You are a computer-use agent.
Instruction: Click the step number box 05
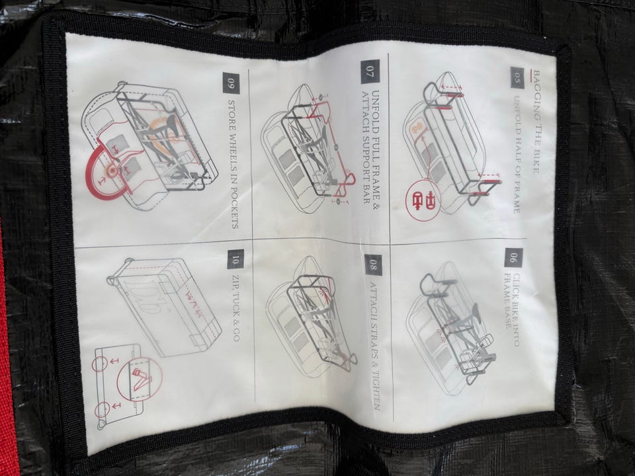pos(517,77)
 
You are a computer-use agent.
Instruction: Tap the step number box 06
pos(513,257)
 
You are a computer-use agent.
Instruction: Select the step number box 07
pos(370,71)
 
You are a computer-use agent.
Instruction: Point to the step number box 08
pos(373,264)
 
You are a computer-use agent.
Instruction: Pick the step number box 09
pos(231,83)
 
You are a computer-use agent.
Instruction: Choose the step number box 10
pos(235,259)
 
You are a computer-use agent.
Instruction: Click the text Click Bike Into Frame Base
pos(511,309)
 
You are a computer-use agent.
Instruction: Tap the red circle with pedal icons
pos(423,200)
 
